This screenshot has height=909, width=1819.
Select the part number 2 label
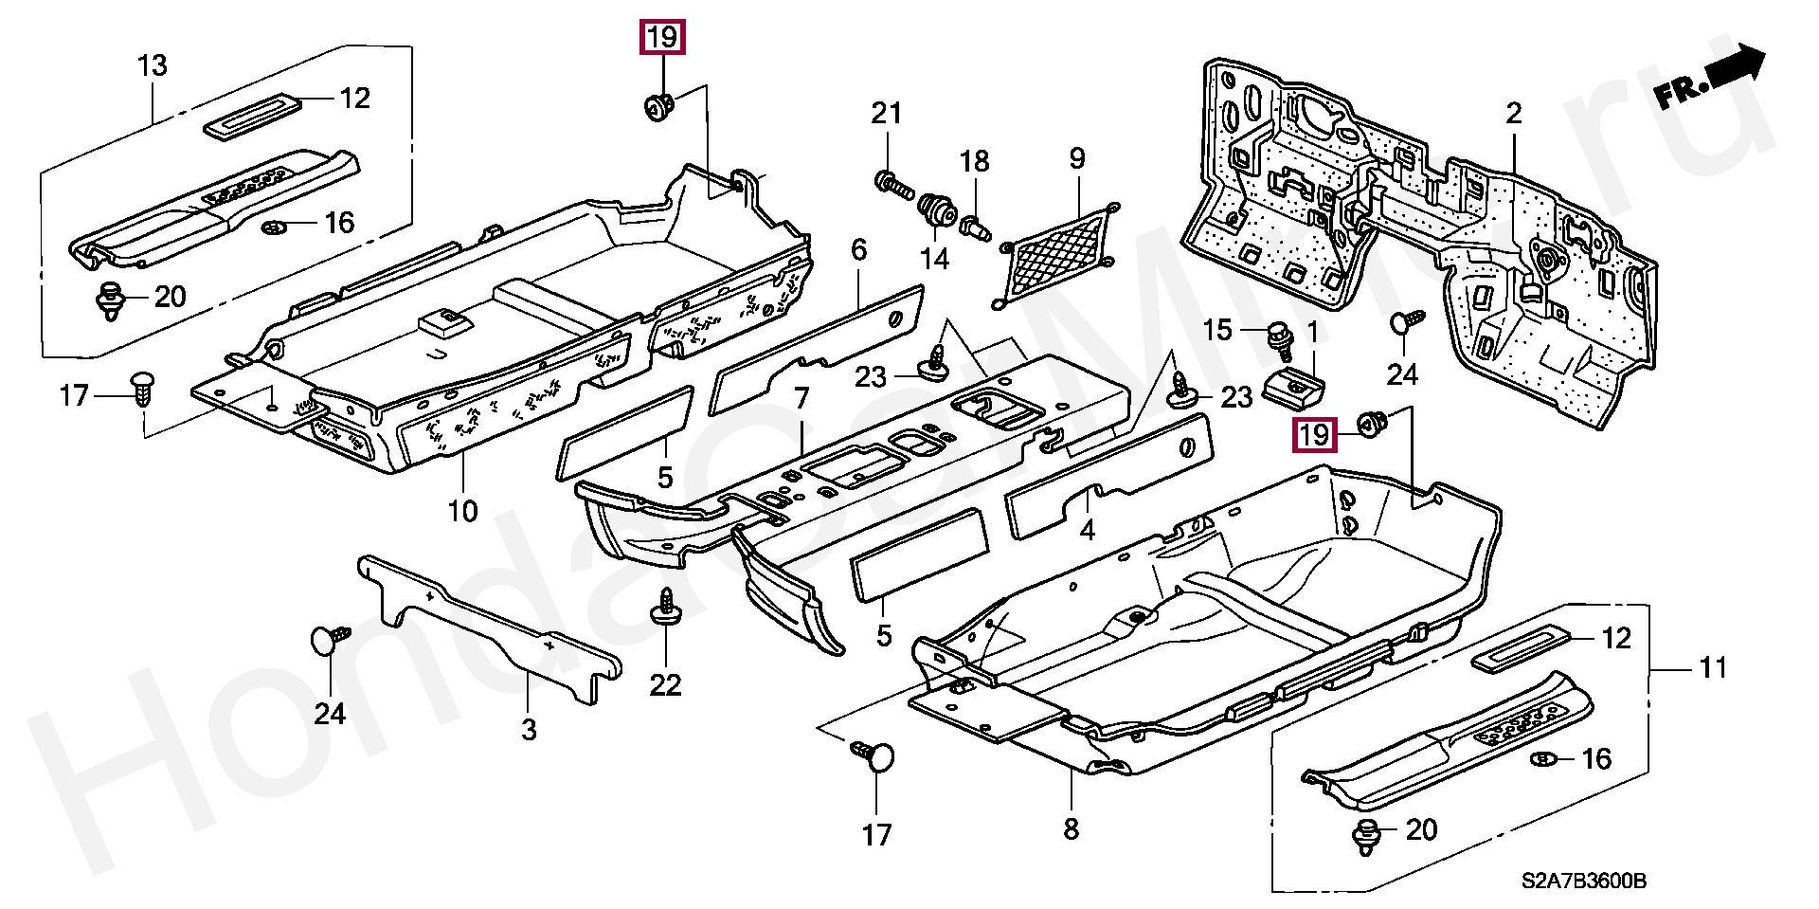pyautogui.click(x=1513, y=115)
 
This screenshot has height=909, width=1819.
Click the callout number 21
pyautogui.click(x=886, y=114)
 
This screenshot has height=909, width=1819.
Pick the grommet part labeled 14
pyautogui.click(x=937, y=209)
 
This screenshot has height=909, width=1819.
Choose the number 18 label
pyautogui.click(x=974, y=161)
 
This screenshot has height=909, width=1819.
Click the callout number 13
pyautogui.click(x=152, y=65)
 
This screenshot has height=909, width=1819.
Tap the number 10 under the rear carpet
pyautogui.click(x=462, y=512)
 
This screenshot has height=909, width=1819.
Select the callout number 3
pyautogui.click(x=529, y=729)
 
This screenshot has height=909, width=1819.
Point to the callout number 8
pyautogui.click(x=1071, y=829)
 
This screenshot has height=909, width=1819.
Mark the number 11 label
pyautogui.click(x=1713, y=669)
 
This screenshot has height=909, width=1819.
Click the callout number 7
pyautogui.click(x=801, y=399)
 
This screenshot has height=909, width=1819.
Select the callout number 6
pyautogui.click(x=858, y=250)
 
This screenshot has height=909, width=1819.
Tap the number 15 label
pyautogui.click(x=1217, y=330)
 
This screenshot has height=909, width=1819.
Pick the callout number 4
pyautogui.click(x=1087, y=529)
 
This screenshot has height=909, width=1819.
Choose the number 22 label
pyautogui.click(x=665, y=684)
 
